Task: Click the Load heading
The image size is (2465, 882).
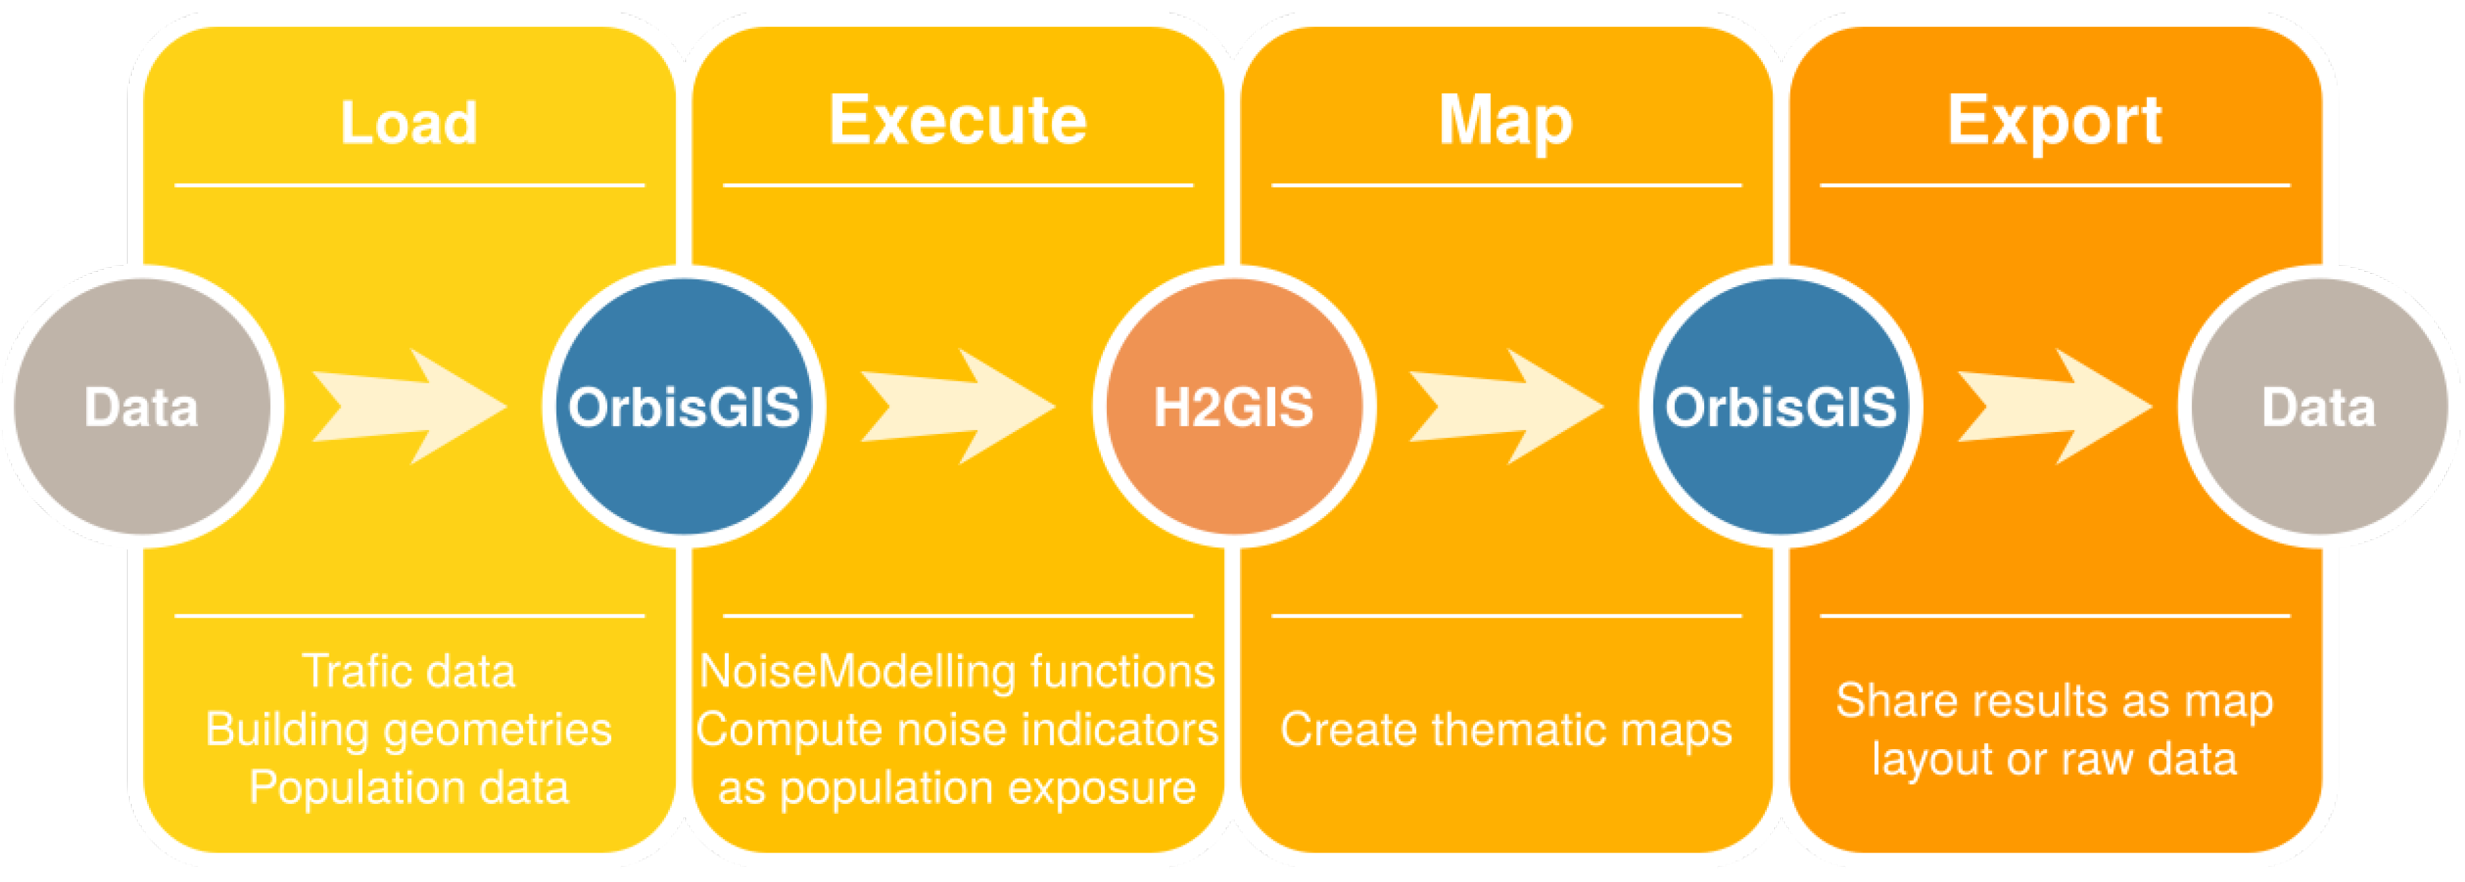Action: (409, 122)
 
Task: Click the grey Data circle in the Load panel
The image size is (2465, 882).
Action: (142, 407)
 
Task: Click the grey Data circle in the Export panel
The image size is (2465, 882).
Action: (2317, 407)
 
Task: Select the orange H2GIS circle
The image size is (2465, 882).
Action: (1232, 407)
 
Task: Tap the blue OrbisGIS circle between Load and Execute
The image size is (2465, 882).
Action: (683, 407)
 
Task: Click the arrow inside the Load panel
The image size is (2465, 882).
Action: (409, 407)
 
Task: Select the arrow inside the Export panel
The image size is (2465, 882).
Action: (2053, 407)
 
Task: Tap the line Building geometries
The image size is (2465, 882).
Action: (409, 729)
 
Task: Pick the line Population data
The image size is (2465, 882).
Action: (409, 787)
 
